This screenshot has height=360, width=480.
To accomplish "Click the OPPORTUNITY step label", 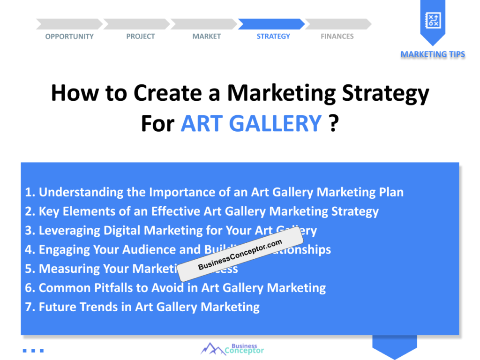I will pos(69,37).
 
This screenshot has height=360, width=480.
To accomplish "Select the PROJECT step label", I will pos(140,37).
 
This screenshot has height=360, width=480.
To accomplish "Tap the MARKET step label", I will pos(206,37).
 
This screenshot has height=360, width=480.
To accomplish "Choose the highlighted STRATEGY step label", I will pos(273,37).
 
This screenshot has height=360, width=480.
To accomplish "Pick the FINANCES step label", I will pos(337,37).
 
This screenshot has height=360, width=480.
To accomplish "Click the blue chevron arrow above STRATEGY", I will pos(271,24).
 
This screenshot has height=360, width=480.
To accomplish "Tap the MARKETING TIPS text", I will pos(433,54).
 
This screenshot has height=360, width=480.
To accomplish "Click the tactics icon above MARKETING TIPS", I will pos(432,20).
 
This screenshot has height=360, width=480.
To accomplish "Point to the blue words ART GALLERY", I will pos(251,123).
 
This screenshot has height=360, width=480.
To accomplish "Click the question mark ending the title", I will pos(333,123).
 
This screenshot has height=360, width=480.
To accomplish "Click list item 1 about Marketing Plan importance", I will pos(214,192).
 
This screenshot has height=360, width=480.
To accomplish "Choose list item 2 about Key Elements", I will pos(202,211).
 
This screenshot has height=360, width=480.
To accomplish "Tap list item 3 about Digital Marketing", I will pos(171,231).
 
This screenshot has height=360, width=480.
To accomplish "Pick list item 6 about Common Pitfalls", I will pos(175,288).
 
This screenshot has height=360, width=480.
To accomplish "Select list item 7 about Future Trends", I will pos(142,307).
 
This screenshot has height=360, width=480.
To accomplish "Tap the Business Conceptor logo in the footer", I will pos(232,349).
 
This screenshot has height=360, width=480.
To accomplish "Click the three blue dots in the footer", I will pos(33,350).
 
